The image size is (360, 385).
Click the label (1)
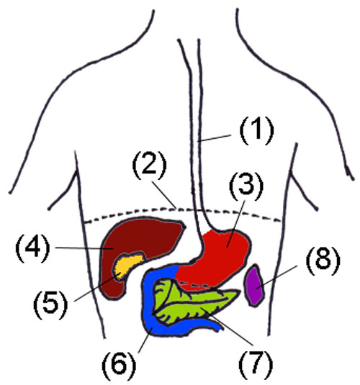click(256, 130)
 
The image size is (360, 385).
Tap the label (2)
click(150, 165)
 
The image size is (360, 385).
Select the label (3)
click(246, 186)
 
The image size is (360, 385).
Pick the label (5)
click(50, 304)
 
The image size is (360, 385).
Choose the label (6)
click(119, 364)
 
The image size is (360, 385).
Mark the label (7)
click(256, 364)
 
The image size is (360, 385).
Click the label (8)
click(323, 260)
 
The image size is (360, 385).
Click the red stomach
click(214, 258)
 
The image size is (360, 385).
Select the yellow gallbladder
click(127, 265)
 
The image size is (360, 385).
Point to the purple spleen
click(253, 285)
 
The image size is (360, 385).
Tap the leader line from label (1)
click(214, 138)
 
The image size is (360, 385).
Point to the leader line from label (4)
click(84, 248)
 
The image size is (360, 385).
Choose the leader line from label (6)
click(145, 340)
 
